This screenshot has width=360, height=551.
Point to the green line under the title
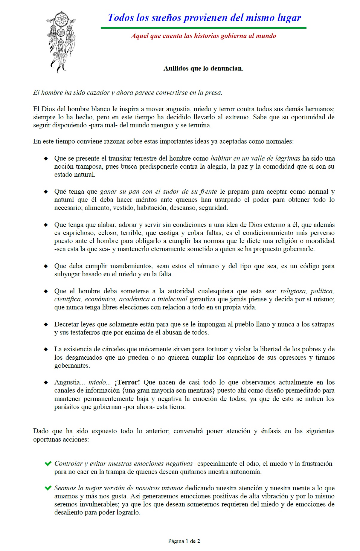[203, 28]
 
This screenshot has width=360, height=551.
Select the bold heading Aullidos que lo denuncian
[203, 68]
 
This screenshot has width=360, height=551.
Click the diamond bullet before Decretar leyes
[46, 324]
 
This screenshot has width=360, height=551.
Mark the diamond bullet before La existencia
[46, 349]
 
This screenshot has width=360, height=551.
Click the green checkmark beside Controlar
[48, 464]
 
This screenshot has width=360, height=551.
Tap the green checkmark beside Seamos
[48, 488]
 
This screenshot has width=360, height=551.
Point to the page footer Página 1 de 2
[184, 541]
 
